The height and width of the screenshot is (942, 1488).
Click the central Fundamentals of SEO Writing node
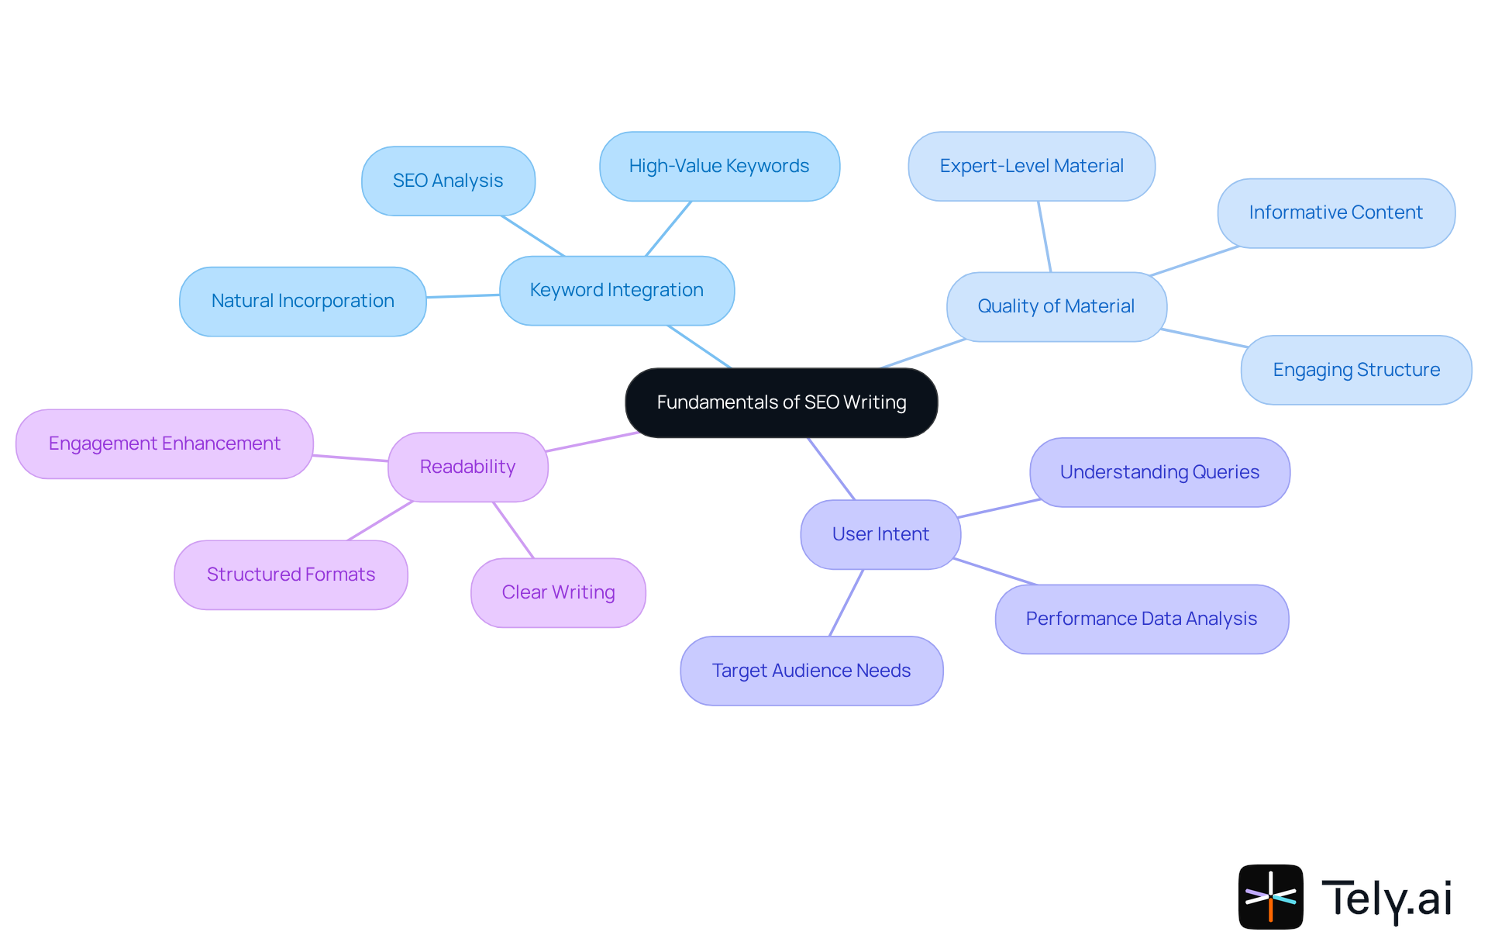click(x=781, y=402)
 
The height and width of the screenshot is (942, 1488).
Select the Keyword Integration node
click(x=617, y=291)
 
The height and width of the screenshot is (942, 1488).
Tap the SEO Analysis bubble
click(x=448, y=181)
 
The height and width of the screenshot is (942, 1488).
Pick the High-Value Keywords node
click(x=719, y=166)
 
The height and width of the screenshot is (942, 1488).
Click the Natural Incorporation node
click(x=302, y=301)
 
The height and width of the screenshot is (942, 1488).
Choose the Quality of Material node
click(x=1056, y=306)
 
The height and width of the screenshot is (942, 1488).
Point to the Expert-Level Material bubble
click(x=1032, y=166)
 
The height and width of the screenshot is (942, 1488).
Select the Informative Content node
click(x=1336, y=213)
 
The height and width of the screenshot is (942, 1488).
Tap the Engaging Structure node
click(x=1356, y=370)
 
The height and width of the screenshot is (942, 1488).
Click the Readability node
click(x=467, y=467)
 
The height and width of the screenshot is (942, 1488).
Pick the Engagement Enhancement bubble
click(x=164, y=443)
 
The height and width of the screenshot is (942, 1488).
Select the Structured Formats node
click(x=291, y=575)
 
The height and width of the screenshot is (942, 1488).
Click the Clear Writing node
click(x=558, y=592)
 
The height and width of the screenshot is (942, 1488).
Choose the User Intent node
click(x=880, y=534)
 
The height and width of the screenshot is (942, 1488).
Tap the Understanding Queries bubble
click(x=1159, y=472)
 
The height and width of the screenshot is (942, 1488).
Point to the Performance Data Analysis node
click(x=1142, y=619)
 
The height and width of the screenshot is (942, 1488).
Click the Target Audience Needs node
click(x=811, y=671)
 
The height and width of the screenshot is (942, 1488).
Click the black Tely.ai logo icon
click(x=1270, y=896)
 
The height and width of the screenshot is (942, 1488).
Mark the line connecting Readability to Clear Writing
click(x=513, y=530)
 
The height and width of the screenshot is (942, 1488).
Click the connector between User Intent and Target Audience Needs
click(x=846, y=602)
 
